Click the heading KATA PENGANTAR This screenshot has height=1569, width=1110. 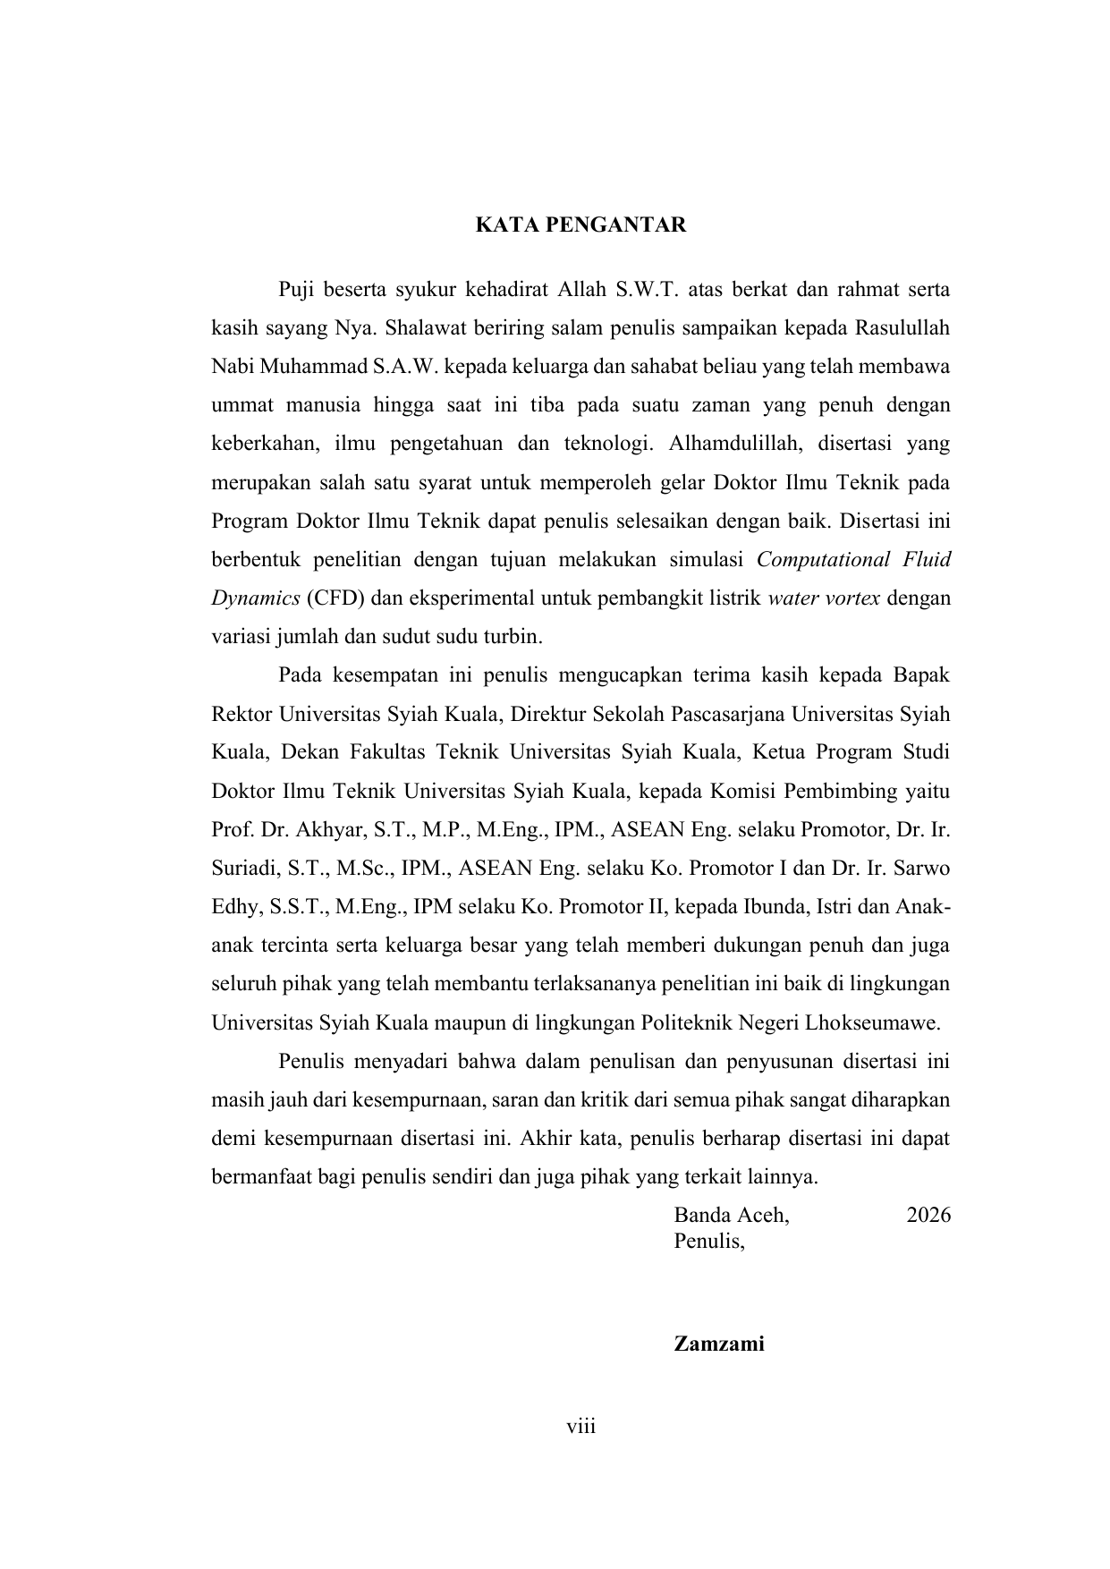pyautogui.click(x=580, y=225)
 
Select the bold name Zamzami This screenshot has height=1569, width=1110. pyautogui.click(x=719, y=1344)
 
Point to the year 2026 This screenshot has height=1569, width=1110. pyautogui.click(x=928, y=1215)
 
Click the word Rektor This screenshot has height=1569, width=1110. pyautogui.click(x=242, y=715)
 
